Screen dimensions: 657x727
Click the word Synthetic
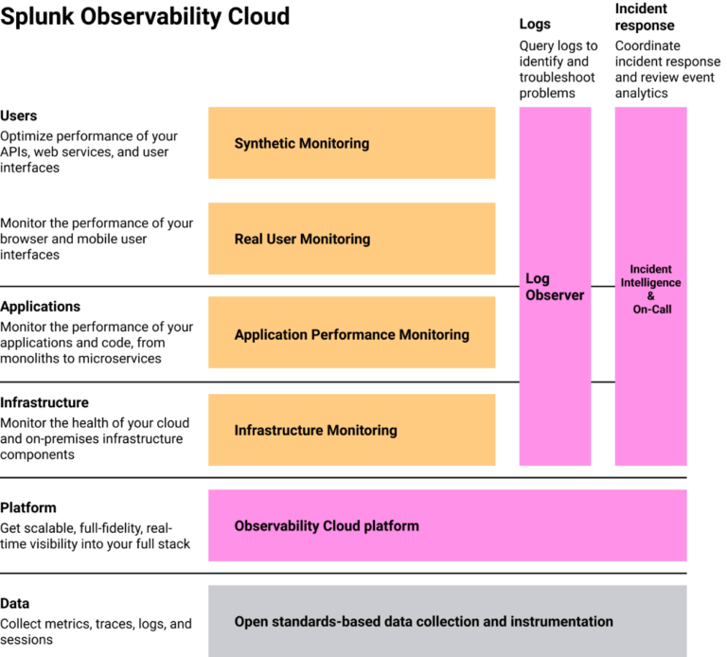[x=265, y=144]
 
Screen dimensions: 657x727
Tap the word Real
[x=249, y=240]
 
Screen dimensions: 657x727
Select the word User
[x=281, y=240]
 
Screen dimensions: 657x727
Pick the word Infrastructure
[x=278, y=431]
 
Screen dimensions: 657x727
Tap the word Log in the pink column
[x=538, y=279]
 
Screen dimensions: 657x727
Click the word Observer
[x=555, y=295]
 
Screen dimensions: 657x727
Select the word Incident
[x=650, y=270]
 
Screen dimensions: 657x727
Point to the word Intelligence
[x=650, y=283]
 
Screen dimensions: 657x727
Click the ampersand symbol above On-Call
[x=650, y=296]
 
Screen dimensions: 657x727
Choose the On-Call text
[x=650, y=310]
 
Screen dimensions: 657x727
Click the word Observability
[x=276, y=526]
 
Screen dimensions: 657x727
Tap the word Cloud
[x=341, y=526]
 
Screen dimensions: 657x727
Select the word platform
[x=391, y=526]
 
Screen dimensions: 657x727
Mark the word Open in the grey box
[x=251, y=622]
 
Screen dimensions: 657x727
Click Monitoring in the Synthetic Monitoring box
[x=334, y=144]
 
